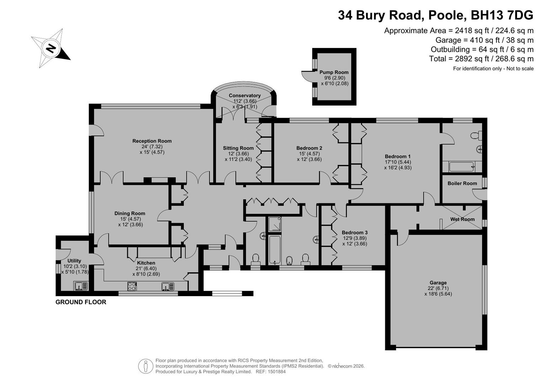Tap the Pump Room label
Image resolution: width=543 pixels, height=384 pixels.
(334, 72)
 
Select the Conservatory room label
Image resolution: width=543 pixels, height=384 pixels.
(245, 96)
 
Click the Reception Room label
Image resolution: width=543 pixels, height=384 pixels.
(152, 141)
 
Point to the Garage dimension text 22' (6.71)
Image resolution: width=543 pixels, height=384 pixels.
(438, 288)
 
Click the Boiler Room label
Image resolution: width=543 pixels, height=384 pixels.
(462, 183)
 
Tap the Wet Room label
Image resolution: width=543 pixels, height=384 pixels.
(462, 219)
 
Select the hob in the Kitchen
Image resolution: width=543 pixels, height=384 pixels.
(132, 286)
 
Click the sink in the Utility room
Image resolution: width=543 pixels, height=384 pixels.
(80, 286)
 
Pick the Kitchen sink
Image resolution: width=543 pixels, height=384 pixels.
(168, 286)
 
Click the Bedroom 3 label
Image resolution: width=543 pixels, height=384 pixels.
(355, 233)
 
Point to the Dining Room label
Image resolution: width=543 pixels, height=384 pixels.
(130, 213)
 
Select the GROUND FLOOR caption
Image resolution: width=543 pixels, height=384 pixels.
(81, 302)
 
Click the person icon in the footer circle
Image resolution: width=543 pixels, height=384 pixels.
(145, 366)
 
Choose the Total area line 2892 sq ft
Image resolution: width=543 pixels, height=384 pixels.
(481, 59)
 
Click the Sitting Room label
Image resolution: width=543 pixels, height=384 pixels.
(238, 148)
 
